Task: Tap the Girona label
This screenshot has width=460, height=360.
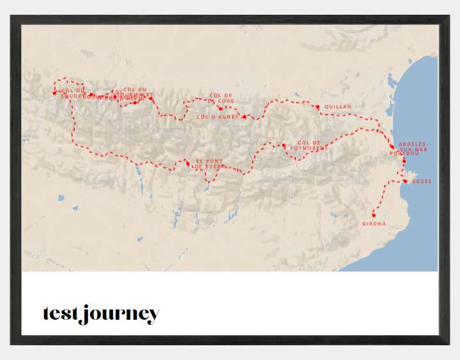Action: coord(374,223)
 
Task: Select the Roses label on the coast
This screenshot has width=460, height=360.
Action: coord(422,182)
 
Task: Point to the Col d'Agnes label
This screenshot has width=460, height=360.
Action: coord(217,117)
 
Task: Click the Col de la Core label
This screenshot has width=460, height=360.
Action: coord(221,98)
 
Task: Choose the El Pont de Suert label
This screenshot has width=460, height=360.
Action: coord(208,164)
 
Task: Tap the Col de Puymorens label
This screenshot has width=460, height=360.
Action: coord(312,145)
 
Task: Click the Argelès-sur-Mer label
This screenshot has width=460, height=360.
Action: coord(413,146)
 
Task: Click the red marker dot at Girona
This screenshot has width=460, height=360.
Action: coord(373,215)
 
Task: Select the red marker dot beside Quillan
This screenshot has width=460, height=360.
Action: coord(318,107)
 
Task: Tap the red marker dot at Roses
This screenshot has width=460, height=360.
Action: coord(405,181)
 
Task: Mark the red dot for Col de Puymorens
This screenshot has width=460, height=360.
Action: coord(284,146)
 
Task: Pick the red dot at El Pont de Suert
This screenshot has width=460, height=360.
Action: coord(188,164)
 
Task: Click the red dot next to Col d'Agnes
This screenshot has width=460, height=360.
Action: coord(244,116)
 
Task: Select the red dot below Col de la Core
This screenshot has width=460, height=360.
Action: coord(221,108)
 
